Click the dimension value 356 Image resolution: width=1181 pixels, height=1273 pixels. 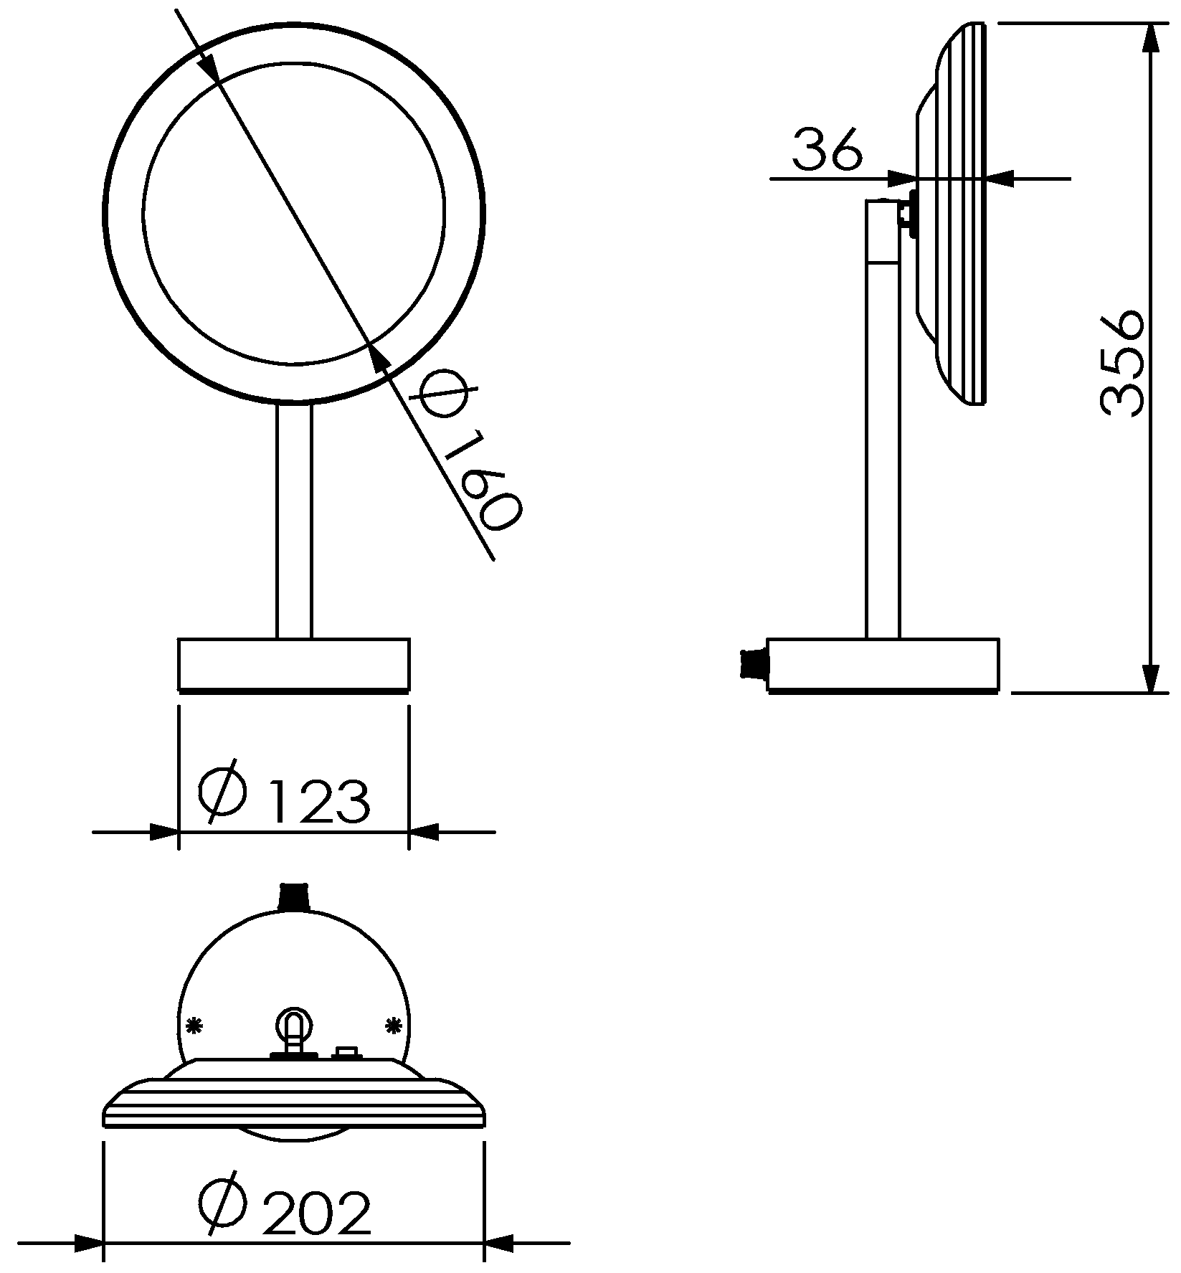(x=1121, y=364)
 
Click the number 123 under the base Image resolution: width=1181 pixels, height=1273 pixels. (x=319, y=800)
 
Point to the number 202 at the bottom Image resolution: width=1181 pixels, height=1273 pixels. (x=316, y=1213)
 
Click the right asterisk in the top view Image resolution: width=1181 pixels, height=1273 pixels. (x=393, y=1026)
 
